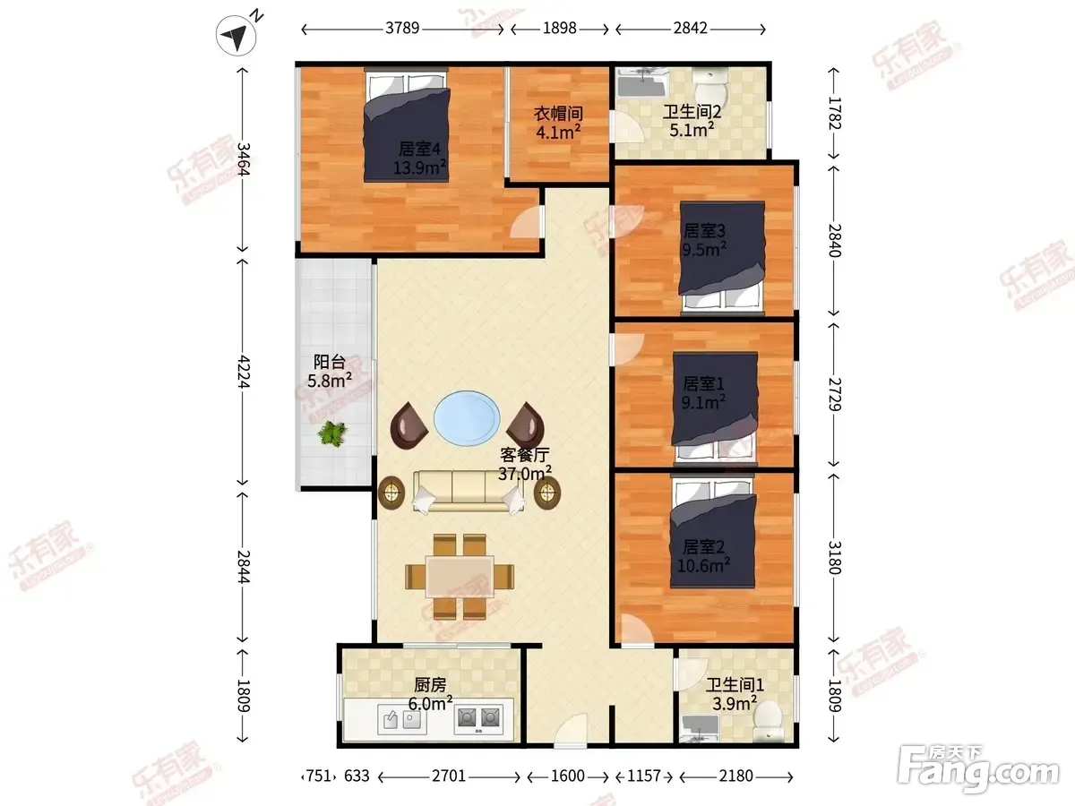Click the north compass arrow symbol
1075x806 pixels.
pyautogui.click(x=236, y=35)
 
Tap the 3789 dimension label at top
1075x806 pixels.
pyautogui.click(x=402, y=29)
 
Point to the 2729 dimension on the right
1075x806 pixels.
pyautogui.click(x=834, y=394)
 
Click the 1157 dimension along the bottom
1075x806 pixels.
pyautogui.click(x=644, y=776)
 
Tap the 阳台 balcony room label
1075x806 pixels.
pyautogui.click(x=330, y=362)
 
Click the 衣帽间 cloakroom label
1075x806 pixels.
pyautogui.click(x=558, y=114)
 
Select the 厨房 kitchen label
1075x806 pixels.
pyautogui.click(x=430, y=684)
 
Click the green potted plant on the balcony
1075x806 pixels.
pyautogui.click(x=332, y=433)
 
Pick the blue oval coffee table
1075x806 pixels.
pyautogui.click(x=468, y=418)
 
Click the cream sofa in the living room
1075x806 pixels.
pyautogui.click(x=469, y=492)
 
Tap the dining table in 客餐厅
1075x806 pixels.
pyautogui.click(x=460, y=576)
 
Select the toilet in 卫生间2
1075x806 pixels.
pyautogui.click(x=710, y=84)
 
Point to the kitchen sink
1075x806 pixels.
pyautogui.click(x=402, y=719)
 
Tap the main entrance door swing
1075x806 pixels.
pyautogui.click(x=571, y=729)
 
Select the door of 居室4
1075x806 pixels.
pyautogui.click(x=527, y=222)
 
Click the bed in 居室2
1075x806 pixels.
pyautogui.click(x=712, y=533)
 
